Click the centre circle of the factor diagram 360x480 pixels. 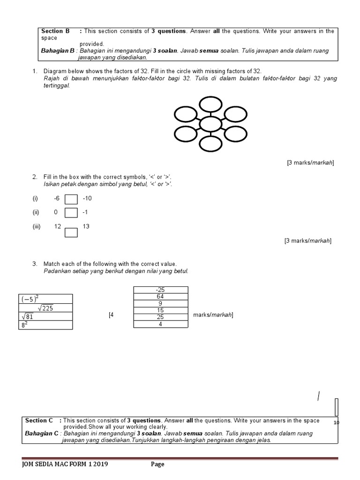pos(210,124)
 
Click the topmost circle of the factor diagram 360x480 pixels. pos(210,104)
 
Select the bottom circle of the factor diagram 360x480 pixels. pos(210,144)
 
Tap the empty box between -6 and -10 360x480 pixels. pos(71,199)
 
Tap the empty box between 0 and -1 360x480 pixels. pos(71,213)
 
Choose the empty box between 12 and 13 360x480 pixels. pos(71,232)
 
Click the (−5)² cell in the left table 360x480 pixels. pos(45,299)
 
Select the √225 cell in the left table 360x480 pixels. pos(45,307)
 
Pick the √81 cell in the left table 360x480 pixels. pos(45,316)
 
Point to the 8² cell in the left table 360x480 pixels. pos(45,325)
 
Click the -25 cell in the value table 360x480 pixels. pos(160,290)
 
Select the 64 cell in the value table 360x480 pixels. pos(160,297)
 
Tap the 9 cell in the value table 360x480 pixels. pos(160,303)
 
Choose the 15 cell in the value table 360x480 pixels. pos(160,310)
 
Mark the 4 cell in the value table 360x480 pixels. pos(160,323)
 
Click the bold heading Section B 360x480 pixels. pos(55,31)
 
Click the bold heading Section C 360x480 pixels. pos(39,420)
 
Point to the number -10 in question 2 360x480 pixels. pos(87,198)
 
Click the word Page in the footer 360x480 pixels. pos(157,465)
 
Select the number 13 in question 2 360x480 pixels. pos(86,226)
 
